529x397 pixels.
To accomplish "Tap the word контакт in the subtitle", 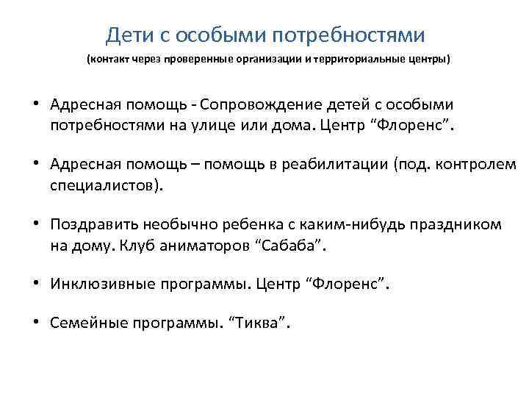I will click(111, 59).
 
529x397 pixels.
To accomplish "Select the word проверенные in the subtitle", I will click(195, 59).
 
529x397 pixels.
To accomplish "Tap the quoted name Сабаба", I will click(289, 246).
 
